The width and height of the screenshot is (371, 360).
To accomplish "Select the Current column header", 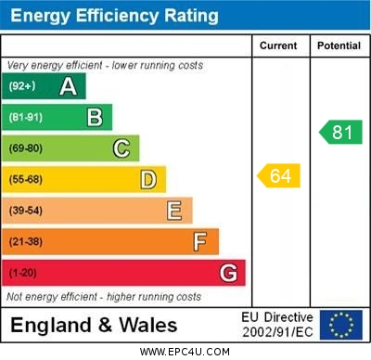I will pos(278,45).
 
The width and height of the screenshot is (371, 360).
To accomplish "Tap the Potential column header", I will pos(339,45).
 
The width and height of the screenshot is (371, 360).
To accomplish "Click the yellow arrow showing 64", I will pos(279,175).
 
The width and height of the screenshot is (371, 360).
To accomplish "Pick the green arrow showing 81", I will pos(340,132).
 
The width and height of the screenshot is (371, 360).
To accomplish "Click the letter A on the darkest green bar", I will pos(68,86).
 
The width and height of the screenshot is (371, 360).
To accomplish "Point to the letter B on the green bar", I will pos(95,117).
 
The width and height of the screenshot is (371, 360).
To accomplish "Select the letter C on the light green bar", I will pos(122,148).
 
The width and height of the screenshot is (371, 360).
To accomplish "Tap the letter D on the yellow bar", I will pos(148,179).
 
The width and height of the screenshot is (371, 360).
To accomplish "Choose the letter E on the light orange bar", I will pos(174,211).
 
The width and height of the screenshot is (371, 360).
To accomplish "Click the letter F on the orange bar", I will pos(200,242).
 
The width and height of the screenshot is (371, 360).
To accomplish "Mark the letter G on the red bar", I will pos(228,273).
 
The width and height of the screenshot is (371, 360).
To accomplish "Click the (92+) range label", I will pos(23,86).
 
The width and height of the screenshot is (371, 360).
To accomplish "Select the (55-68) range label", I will pos(26,179).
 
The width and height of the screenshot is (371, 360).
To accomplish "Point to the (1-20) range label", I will pos(23,273).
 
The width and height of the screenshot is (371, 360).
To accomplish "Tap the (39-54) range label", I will pos(26,211).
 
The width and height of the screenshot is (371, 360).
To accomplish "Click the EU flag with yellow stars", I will pos(340,325).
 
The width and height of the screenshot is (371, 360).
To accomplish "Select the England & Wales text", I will pos(93,326).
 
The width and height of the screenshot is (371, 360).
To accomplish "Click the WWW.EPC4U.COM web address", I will pos(185,352).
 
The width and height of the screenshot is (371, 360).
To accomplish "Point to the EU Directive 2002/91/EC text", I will pos(277,325).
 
